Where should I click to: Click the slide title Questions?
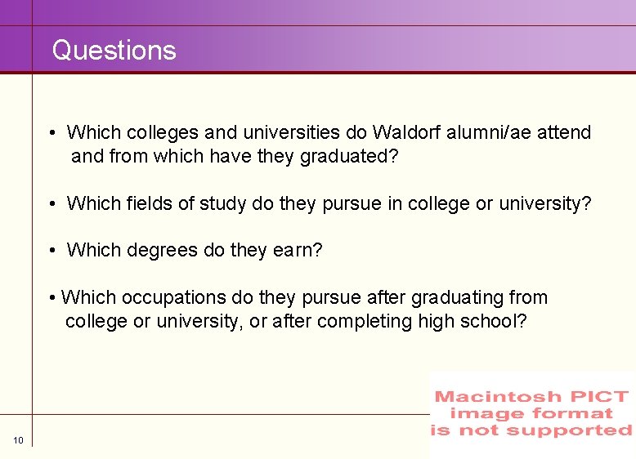[x=114, y=51]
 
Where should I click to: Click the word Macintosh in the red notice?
[x=497, y=397]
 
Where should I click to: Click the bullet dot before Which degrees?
[x=52, y=251]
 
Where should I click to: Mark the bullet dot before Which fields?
[x=52, y=204]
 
